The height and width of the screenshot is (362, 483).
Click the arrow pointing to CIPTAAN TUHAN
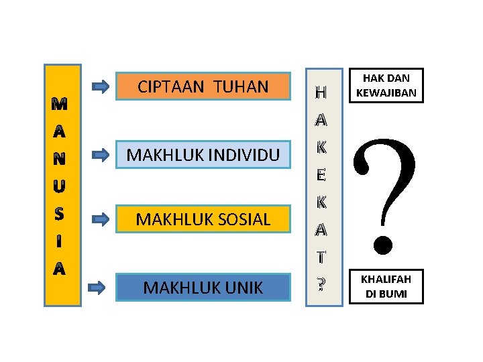[100, 86]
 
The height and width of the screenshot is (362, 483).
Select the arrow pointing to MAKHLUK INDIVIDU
[100, 155]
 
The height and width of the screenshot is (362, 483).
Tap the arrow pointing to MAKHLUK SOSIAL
[100, 219]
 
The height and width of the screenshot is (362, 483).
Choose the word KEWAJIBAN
[386, 93]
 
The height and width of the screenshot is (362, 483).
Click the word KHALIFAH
[386, 280]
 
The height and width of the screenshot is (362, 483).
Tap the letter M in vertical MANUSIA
[59, 105]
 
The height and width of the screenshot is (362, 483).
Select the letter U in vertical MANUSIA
[59, 182]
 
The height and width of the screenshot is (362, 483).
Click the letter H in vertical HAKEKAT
[321, 90]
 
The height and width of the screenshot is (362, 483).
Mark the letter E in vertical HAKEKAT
[321, 176]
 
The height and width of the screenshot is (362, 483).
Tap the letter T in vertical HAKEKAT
[321, 257]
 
